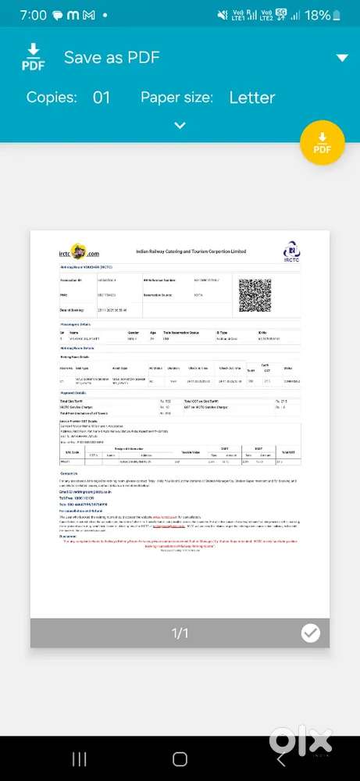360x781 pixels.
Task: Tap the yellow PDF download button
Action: [322, 143]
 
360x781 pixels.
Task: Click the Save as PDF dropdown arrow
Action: [341, 58]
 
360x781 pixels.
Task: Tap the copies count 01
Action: [102, 98]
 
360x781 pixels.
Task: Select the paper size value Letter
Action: [251, 98]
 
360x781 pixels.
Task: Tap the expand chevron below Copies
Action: [180, 125]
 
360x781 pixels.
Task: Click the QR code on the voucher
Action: [255, 295]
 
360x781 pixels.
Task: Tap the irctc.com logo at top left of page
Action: [79, 253]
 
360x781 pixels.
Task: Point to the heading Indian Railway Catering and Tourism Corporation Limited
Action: [191, 252]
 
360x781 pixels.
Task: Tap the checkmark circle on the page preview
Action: [311, 633]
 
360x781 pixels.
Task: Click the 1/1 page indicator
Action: [180, 633]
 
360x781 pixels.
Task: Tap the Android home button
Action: [180, 759]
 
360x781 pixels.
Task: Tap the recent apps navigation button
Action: [79, 759]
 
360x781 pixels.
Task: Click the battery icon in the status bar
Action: [337, 15]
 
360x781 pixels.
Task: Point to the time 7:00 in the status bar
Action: [34, 15]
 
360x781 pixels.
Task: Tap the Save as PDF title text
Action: [112, 58]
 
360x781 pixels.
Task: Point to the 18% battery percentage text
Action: [316, 15]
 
